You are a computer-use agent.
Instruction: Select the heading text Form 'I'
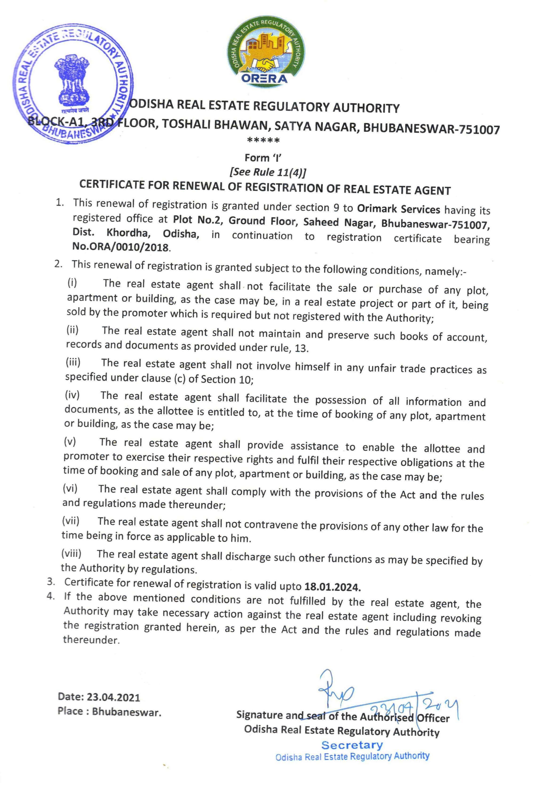point(264,158)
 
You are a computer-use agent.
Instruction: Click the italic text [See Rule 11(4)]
point(268,172)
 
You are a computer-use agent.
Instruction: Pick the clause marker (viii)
point(71,553)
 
